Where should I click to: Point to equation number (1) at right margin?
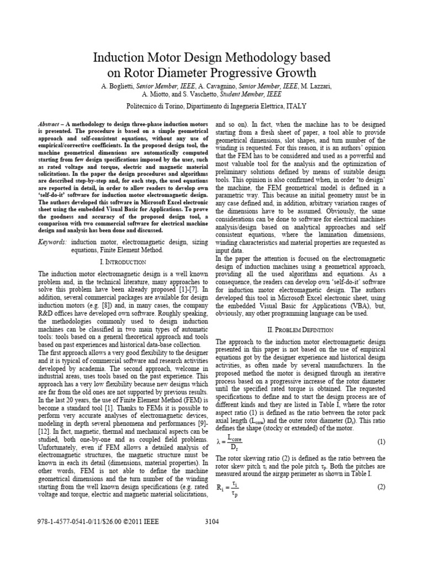tap(381, 442)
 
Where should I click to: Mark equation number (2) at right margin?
tap(381, 487)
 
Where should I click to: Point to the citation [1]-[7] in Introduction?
tap(192, 282)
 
